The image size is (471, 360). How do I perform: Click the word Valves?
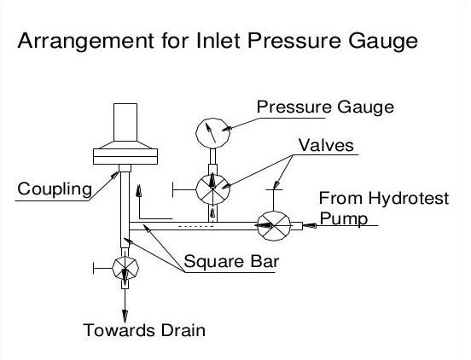point(326,145)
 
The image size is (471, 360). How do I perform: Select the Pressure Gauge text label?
point(325,107)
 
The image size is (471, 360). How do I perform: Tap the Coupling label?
point(55,189)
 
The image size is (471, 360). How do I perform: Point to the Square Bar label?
point(231,261)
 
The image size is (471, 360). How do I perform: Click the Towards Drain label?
point(144,330)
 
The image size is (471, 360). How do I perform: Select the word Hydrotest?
point(408,199)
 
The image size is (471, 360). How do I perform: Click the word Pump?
point(344,219)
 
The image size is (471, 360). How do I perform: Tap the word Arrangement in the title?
point(86,41)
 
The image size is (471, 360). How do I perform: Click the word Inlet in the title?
point(218,40)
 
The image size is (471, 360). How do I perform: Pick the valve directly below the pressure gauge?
point(212,189)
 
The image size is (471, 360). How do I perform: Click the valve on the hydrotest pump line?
point(274,225)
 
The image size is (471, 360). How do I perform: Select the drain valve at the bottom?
point(125,268)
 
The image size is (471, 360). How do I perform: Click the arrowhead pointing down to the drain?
point(125,316)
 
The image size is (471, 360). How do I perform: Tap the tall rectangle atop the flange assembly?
point(125,123)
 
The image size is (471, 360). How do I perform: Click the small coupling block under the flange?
point(125,168)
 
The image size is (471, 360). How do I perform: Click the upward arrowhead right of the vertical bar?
point(138,190)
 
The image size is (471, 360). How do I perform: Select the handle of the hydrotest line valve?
point(274,200)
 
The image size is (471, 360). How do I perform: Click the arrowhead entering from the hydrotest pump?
point(310,225)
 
